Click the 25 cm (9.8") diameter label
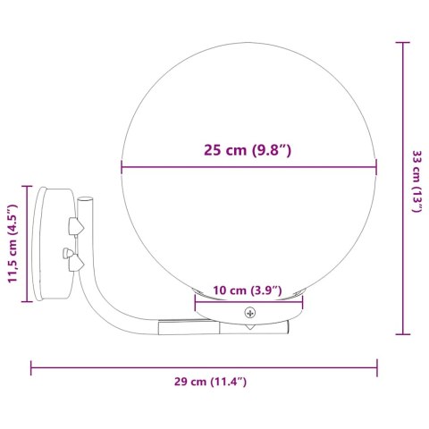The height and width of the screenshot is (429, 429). (248, 150)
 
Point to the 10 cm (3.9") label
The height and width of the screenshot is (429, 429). (248, 290)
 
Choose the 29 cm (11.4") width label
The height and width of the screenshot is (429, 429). (210, 382)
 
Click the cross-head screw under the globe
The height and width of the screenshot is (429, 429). (250, 313)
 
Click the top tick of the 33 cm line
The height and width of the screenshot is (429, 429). (403, 41)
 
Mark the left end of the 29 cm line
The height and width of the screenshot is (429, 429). (33, 366)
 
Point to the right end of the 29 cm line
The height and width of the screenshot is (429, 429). (378, 366)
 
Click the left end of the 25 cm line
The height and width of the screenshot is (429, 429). (121, 167)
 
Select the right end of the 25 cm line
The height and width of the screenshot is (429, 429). (377, 167)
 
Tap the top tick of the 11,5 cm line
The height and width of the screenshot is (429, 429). (27, 187)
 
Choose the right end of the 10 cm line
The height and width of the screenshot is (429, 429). (303, 302)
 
